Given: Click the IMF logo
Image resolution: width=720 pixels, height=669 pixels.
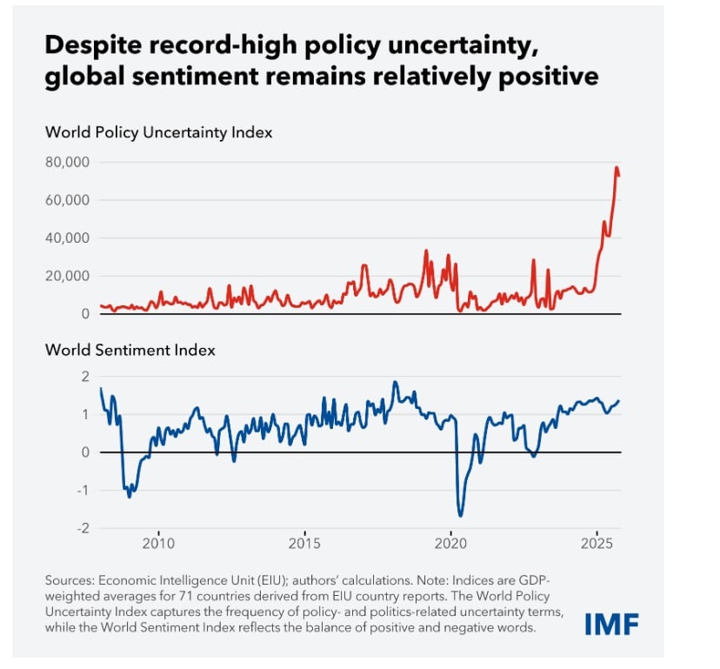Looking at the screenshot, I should tap(612, 624).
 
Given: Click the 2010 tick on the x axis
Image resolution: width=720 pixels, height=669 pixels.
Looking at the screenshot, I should tap(158, 544).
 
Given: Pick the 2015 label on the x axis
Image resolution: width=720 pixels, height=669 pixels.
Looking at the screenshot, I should tap(304, 544).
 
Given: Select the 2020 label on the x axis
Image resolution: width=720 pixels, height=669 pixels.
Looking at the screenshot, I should tap(450, 544).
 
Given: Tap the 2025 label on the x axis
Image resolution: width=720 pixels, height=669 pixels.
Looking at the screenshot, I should tap(597, 544).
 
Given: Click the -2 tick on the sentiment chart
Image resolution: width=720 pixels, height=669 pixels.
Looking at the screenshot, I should tap(84, 528).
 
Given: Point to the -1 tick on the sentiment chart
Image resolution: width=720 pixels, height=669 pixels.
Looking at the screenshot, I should tap(84, 490).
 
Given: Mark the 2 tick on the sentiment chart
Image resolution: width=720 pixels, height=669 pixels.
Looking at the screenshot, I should tap(85, 377).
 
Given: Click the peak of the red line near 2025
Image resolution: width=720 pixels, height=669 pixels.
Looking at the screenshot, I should tap(617, 167).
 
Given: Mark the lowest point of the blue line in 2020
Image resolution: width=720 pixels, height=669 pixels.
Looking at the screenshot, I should tap(460, 516).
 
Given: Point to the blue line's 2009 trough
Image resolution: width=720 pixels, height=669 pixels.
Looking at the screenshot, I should tap(130, 496).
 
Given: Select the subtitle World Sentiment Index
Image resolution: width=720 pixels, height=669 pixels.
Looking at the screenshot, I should tap(130, 351).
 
